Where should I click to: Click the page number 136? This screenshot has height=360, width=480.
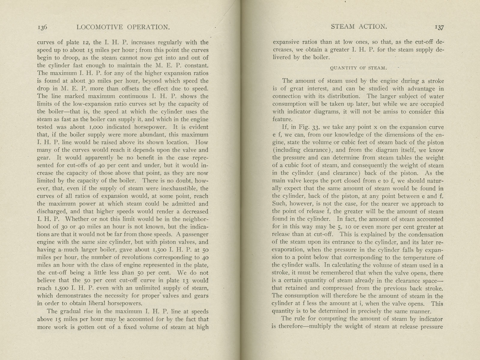[x=42, y=27]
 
